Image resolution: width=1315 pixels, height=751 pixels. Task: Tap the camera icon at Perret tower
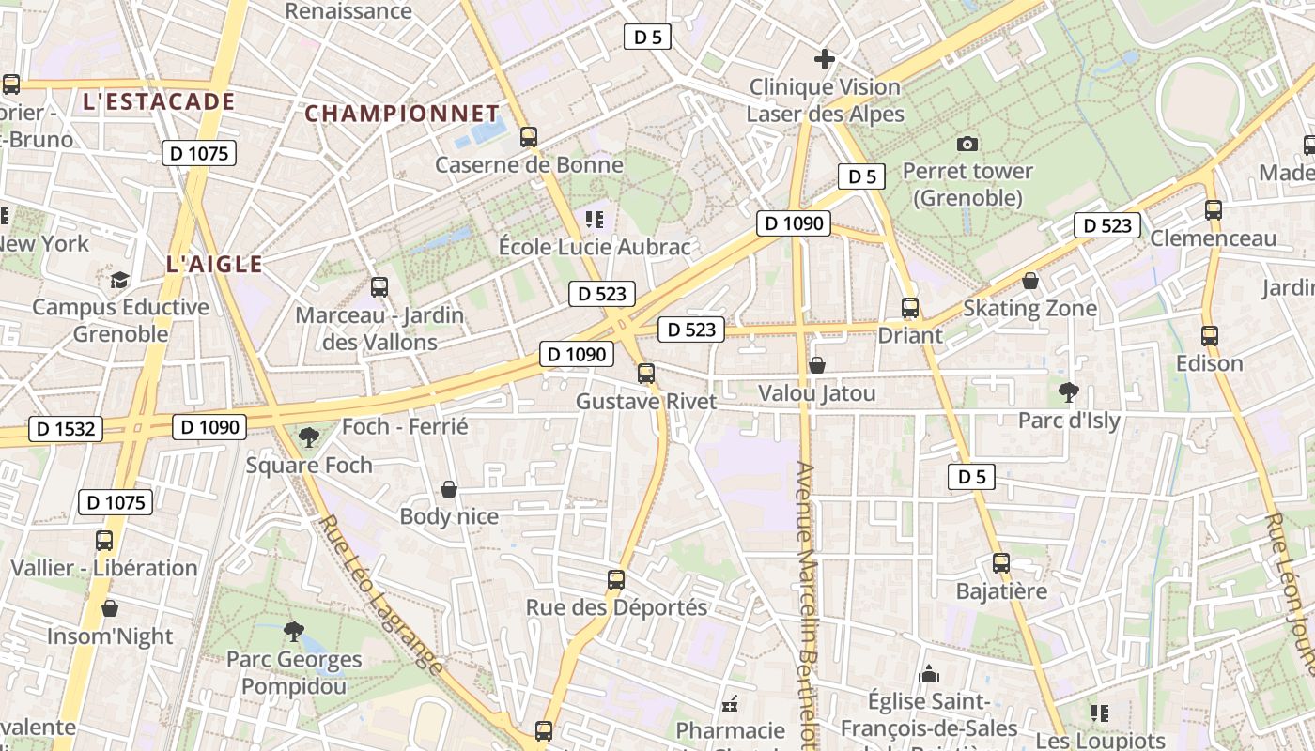tap(967, 144)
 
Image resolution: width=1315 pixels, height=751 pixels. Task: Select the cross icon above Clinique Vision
tap(825, 59)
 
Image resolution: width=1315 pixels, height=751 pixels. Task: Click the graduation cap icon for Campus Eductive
tap(119, 280)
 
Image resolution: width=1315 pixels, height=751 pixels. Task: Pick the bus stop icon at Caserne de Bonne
tap(529, 137)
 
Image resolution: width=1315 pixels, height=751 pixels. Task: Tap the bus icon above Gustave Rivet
tap(645, 374)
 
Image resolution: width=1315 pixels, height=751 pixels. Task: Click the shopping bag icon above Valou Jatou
tap(817, 365)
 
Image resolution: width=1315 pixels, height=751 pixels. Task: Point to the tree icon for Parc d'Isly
tap(1068, 391)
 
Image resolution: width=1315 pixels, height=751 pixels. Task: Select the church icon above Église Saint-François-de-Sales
tap(929, 674)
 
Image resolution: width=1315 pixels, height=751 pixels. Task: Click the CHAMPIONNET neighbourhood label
tap(402, 114)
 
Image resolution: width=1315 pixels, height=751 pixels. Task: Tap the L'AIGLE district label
tap(214, 265)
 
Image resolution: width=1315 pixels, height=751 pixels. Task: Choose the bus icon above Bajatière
tap(1001, 563)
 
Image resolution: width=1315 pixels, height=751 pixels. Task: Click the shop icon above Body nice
tap(449, 489)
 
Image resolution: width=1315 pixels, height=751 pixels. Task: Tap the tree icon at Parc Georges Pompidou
tap(294, 631)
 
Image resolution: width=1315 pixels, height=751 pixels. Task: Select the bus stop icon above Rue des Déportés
tap(616, 579)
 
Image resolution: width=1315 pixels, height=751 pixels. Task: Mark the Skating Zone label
tap(1029, 308)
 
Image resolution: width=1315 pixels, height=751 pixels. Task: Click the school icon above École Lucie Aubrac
tap(594, 220)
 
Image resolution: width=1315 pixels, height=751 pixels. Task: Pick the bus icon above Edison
tap(1209, 335)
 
